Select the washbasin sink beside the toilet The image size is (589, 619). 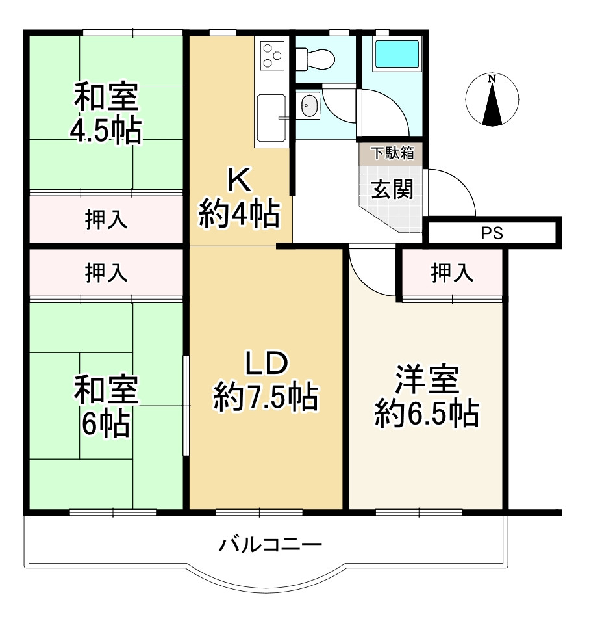click(x=308, y=106)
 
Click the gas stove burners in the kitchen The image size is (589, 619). click(x=271, y=55)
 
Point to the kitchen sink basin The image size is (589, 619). click(x=271, y=118)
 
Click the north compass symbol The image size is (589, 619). click(x=492, y=99)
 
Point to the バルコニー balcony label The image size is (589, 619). click(x=270, y=544)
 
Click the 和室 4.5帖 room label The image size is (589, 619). click(x=106, y=113)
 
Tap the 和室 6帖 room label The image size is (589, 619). click(x=106, y=407)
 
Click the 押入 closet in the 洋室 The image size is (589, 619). click(x=452, y=274)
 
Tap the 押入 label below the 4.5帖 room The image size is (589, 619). click(x=107, y=220)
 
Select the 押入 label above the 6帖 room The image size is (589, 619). click(x=107, y=274)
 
